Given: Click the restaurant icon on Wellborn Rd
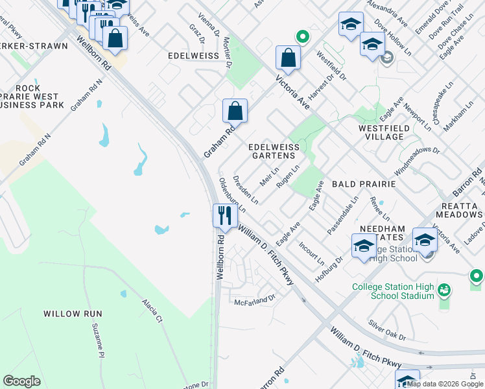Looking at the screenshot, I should (224, 215).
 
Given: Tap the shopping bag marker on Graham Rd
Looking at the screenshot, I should (235, 111).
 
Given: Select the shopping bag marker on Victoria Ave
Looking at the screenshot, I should (287, 58).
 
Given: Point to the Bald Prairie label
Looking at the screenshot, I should (364, 184).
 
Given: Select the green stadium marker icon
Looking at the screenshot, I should (444, 289).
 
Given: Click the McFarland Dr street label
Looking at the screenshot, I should (255, 300).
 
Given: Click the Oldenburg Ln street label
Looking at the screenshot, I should (231, 194).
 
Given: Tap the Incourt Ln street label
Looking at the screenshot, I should (311, 253).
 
